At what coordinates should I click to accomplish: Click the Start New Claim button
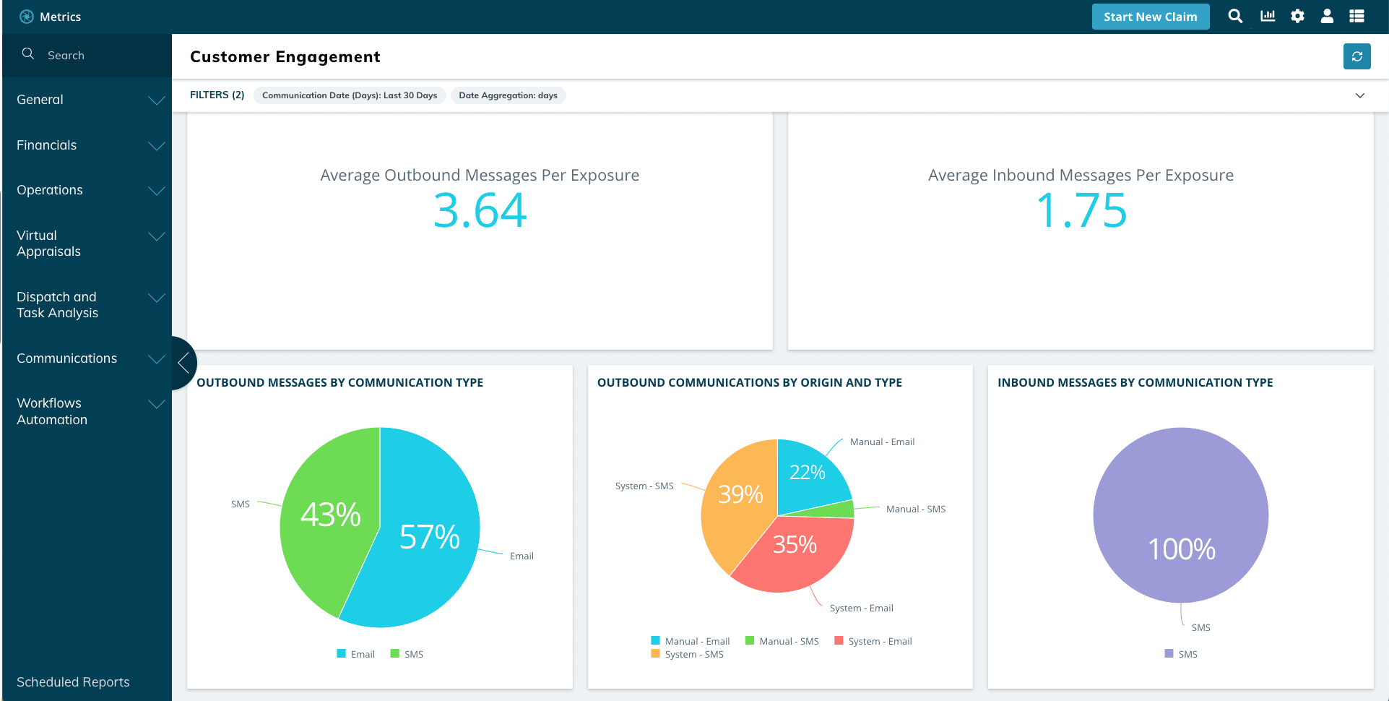[x=1150, y=17]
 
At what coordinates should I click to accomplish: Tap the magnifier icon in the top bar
[x=1235, y=16]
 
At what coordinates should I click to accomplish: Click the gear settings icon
[x=1297, y=16]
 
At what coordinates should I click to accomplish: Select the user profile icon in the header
[x=1327, y=16]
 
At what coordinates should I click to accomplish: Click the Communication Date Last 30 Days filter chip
[x=349, y=95]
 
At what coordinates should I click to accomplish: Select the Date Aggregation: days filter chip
[x=508, y=95]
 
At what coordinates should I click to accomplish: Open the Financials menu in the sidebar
[x=47, y=145]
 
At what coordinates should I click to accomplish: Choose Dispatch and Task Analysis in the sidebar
[x=58, y=305]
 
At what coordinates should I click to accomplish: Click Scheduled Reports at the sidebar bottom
[x=73, y=682]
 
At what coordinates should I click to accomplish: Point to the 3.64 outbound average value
[x=480, y=211]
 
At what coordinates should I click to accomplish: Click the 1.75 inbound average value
[x=1081, y=211]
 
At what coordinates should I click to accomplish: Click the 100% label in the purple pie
[x=1182, y=549]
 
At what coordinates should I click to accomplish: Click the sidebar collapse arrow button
[x=183, y=363]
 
